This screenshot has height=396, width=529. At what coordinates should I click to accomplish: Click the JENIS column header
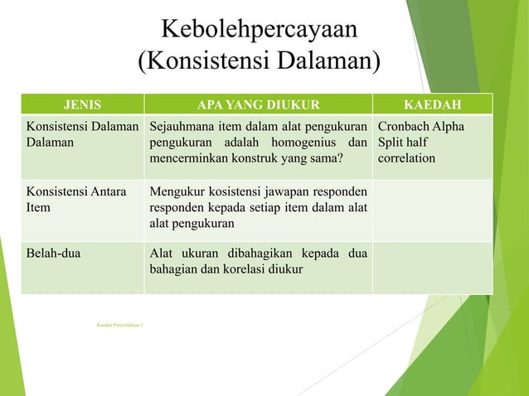point(83,104)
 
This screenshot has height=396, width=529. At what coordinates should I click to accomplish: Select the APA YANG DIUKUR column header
point(258,104)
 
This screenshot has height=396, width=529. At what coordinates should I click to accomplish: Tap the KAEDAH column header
point(433,104)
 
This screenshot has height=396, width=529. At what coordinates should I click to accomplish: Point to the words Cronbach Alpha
point(420,127)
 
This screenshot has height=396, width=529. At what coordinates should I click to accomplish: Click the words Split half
point(405,142)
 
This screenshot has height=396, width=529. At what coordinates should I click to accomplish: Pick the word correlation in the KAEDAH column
point(406,158)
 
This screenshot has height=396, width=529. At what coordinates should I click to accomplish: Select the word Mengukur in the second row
point(175,192)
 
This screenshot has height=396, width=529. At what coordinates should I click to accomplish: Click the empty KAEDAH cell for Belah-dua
point(433,267)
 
